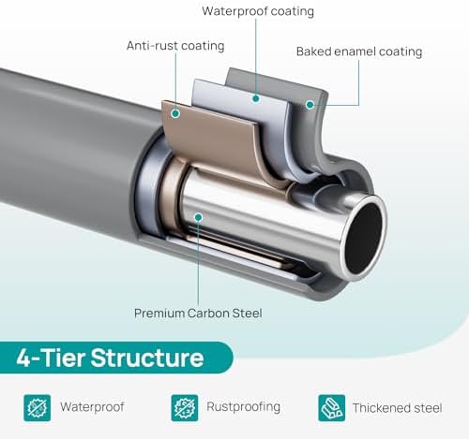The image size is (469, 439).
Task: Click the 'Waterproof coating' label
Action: [258, 11]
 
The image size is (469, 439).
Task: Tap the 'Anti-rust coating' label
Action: [175, 46]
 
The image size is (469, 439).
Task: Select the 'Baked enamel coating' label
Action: [359, 51]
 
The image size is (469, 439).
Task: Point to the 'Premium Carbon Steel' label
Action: [198, 314]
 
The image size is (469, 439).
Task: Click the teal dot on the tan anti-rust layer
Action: [175, 113]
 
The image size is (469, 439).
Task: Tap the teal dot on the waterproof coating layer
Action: [256, 98]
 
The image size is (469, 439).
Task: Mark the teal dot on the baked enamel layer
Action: [310, 105]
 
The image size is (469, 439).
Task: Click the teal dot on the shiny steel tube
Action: [198, 217]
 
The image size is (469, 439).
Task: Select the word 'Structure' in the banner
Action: [147, 358]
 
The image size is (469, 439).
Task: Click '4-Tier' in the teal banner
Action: [51, 358]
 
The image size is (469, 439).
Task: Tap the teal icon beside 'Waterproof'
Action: [38, 408]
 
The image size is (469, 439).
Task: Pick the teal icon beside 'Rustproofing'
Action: [185, 408]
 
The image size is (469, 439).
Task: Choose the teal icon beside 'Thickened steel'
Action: [332, 408]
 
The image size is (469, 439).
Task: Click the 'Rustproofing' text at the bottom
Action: [243, 407]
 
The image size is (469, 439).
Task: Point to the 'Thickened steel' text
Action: [398, 408]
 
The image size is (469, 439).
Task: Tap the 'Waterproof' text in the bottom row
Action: [92, 407]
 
